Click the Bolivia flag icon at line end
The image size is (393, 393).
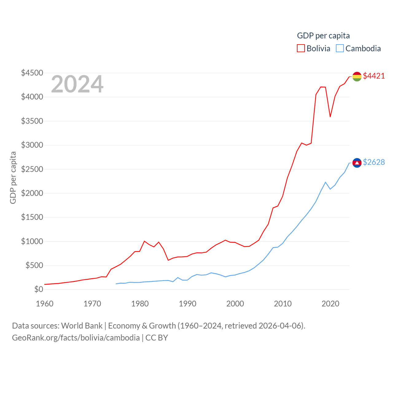(357, 76)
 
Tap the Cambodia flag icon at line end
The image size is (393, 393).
(357, 163)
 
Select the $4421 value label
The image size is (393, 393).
(374, 76)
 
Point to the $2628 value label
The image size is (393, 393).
(374, 162)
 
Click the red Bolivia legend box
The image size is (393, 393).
(301, 49)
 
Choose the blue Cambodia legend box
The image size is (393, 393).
(340, 49)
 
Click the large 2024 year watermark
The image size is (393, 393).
(77, 84)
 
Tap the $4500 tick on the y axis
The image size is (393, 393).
(32, 73)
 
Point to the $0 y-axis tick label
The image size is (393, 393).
(39, 289)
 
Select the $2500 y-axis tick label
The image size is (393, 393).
(32, 169)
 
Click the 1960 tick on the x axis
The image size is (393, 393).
(45, 304)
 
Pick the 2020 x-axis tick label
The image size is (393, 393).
(330, 304)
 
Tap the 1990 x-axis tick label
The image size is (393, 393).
(188, 304)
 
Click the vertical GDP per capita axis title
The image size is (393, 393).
(13, 177)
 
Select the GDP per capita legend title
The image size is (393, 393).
(323, 36)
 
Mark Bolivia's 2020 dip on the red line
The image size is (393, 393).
(330, 116)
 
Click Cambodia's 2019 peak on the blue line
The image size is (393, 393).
(325, 182)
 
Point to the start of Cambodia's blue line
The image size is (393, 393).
(116, 284)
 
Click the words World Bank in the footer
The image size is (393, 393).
(82, 325)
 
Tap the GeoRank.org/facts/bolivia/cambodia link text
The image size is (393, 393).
(76, 338)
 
